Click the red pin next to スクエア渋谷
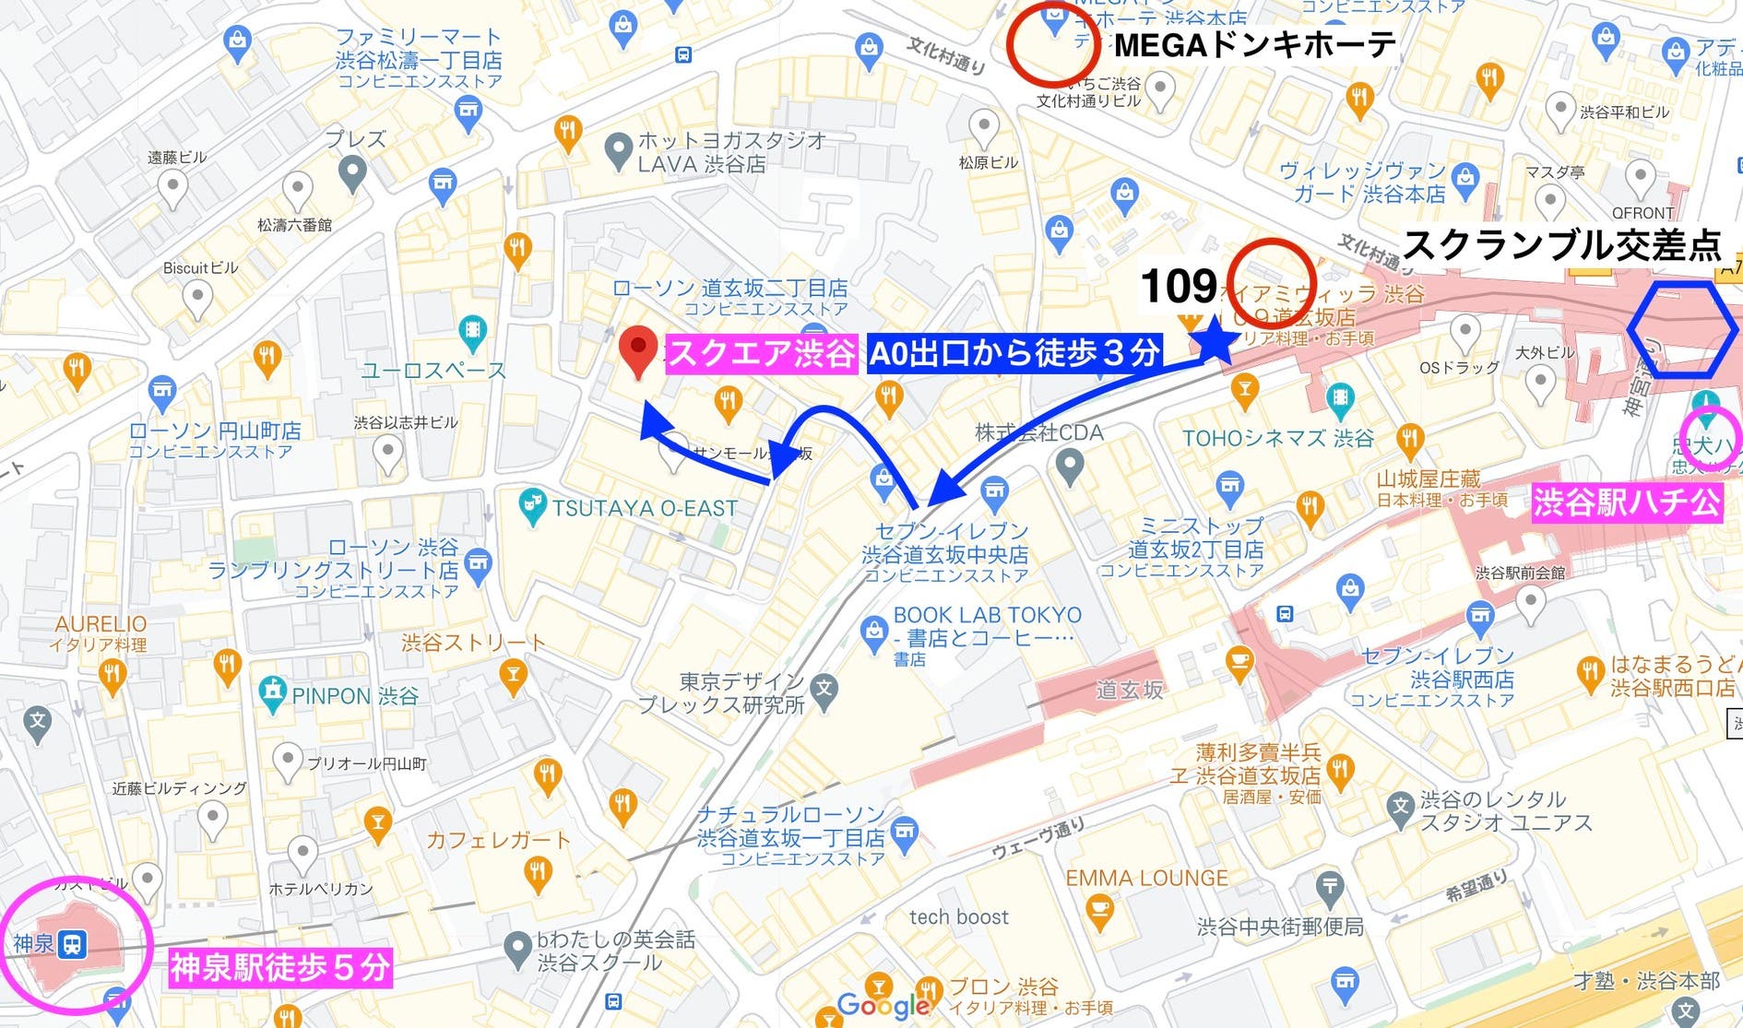637,351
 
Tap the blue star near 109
1215,339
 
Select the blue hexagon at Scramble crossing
1682,330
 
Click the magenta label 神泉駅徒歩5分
279,968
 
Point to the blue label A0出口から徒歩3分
1014,353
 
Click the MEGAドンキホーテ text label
1254,44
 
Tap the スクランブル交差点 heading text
1561,245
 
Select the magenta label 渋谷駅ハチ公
1626,503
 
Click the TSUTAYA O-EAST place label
645,508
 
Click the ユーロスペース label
433,371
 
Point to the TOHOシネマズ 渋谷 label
1277,438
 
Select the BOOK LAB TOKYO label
987,615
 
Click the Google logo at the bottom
883,1005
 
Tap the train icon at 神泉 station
72,944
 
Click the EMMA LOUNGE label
1146,879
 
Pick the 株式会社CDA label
1038,432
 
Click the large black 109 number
1178,287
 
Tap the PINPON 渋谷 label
355,696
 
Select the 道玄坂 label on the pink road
1129,690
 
